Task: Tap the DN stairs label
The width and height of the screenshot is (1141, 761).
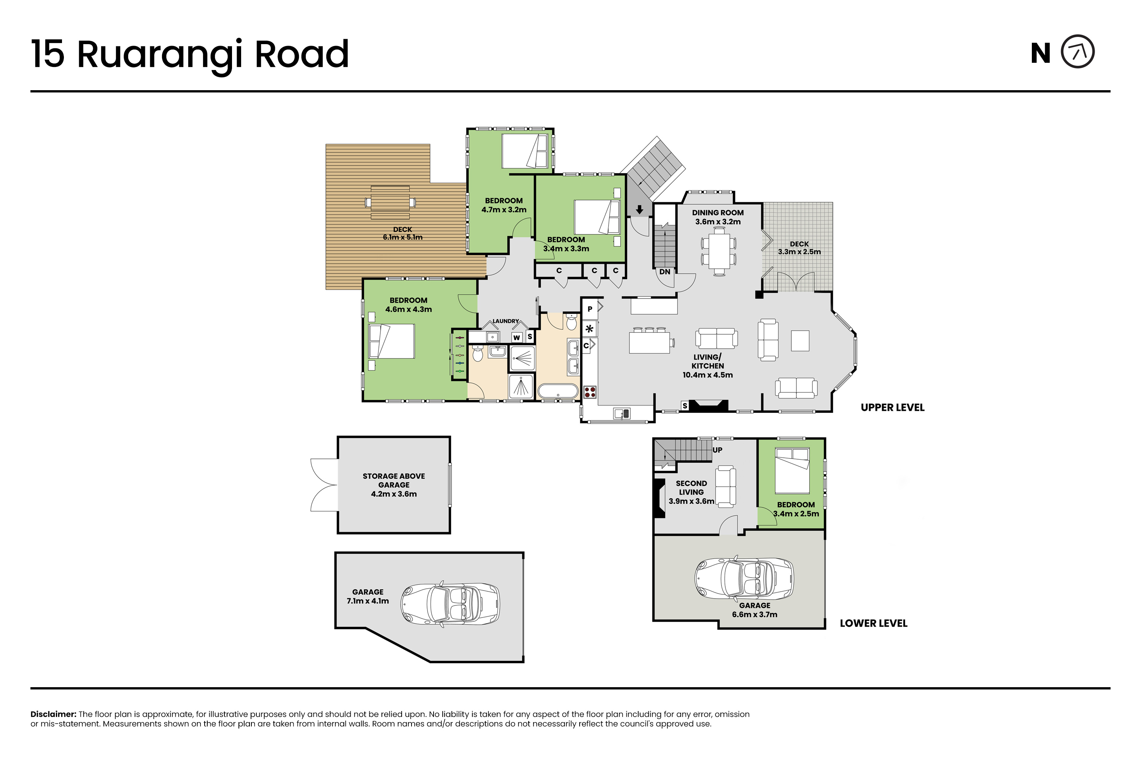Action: (x=664, y=272)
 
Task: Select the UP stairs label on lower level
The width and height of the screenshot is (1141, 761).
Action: (x=717, y=450)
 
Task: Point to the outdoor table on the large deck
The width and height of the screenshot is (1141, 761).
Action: (x=390, y=202)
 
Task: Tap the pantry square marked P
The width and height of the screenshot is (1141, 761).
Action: (x=590, y=309)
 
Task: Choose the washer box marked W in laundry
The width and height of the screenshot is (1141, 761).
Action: (x=516, y=337)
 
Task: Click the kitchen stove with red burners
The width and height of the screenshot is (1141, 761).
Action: (x=590, y=392)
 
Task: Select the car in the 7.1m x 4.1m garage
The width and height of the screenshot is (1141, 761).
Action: (x=450, y=605)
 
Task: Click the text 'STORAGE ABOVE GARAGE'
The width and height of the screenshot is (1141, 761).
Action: (x=394, y=481)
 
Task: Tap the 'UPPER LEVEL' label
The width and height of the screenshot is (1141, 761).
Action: (x=893, y=408)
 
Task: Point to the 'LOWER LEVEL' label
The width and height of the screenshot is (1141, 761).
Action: (x=873, y=623)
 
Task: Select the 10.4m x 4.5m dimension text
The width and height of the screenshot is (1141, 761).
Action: (x=707, y=375)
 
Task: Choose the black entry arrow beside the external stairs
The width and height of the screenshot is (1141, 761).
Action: (x=639, y=210)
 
